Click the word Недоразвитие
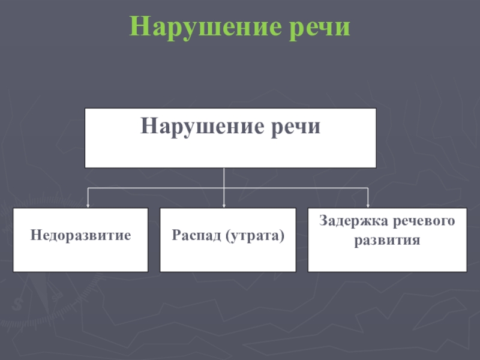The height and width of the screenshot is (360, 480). click(81, 235)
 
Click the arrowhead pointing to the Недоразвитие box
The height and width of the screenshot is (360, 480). click(88, 206)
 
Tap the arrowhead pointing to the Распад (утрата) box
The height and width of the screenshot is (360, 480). click(224, 206)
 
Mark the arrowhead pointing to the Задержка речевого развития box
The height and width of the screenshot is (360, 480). click(367, 206)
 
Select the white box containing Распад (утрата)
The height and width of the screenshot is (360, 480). click(227, 255)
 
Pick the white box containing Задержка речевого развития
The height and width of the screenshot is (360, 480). click(387, 258)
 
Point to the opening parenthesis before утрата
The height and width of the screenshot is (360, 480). click(229, 235)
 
